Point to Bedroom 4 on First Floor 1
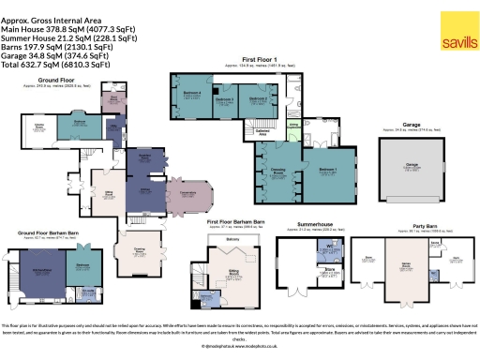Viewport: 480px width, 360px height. coord(191,96)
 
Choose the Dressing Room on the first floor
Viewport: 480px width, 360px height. coord(273,172)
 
